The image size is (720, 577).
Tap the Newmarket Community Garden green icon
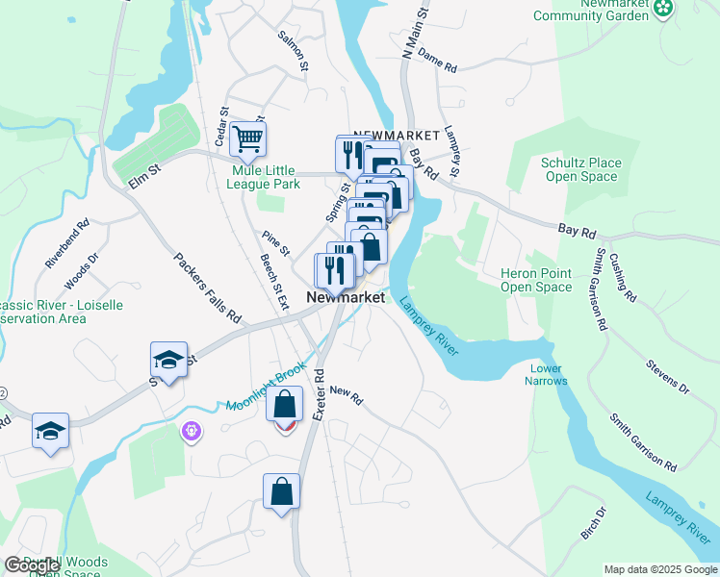tap(662, 9)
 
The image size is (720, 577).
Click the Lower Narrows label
tap(546, 374)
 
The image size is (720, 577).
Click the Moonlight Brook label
tap(267, 387)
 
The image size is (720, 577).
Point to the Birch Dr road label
tap(594, 523)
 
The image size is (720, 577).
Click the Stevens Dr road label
tap(667, 376)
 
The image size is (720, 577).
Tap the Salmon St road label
tap(294, 52)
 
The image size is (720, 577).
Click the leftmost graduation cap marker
tap(50, 430)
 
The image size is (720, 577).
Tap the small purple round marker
tap(193, 432)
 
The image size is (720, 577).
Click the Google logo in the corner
tap(32, 564)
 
